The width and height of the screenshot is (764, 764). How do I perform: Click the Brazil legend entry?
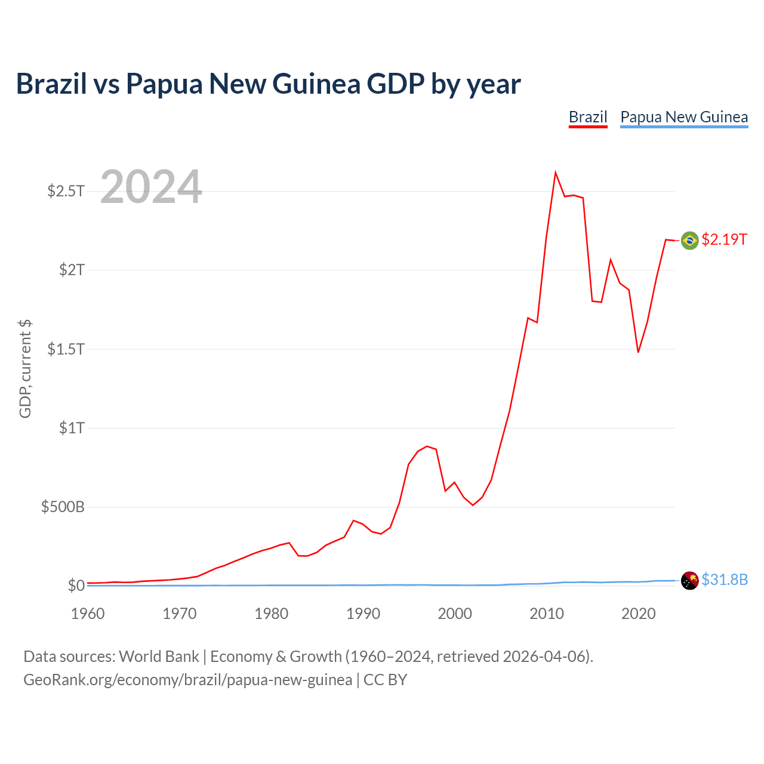588,118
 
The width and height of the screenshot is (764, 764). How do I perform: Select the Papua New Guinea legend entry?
684,118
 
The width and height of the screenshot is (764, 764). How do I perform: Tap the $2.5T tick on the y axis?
66,191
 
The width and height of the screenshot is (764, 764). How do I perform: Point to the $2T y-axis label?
72,270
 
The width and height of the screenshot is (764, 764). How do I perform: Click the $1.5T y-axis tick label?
66,349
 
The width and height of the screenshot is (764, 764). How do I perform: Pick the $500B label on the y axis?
63,507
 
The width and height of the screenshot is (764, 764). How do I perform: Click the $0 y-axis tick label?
76,585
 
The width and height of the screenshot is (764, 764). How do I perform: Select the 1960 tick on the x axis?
88,614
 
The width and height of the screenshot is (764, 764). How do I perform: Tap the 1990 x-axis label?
363,614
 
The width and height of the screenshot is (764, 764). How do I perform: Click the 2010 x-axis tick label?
547,614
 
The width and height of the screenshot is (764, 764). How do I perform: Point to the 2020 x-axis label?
638,614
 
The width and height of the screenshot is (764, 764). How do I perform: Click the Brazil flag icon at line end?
689,241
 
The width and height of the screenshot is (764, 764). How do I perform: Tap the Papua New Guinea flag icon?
689,581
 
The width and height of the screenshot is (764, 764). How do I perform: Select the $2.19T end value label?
724,239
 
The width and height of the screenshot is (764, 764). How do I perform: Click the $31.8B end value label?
725,580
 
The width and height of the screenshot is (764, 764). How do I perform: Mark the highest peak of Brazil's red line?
556,172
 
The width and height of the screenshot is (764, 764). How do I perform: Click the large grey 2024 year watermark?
151,186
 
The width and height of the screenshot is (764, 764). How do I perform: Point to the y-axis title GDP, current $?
25,369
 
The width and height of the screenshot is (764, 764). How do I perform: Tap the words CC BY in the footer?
386,680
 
